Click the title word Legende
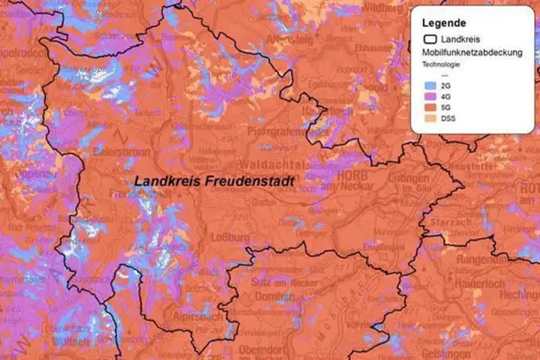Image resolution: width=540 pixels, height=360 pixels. click(443, 23)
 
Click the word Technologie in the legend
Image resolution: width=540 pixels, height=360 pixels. click(440, 64)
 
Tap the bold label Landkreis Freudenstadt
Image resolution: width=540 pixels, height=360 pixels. click(214, 181)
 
